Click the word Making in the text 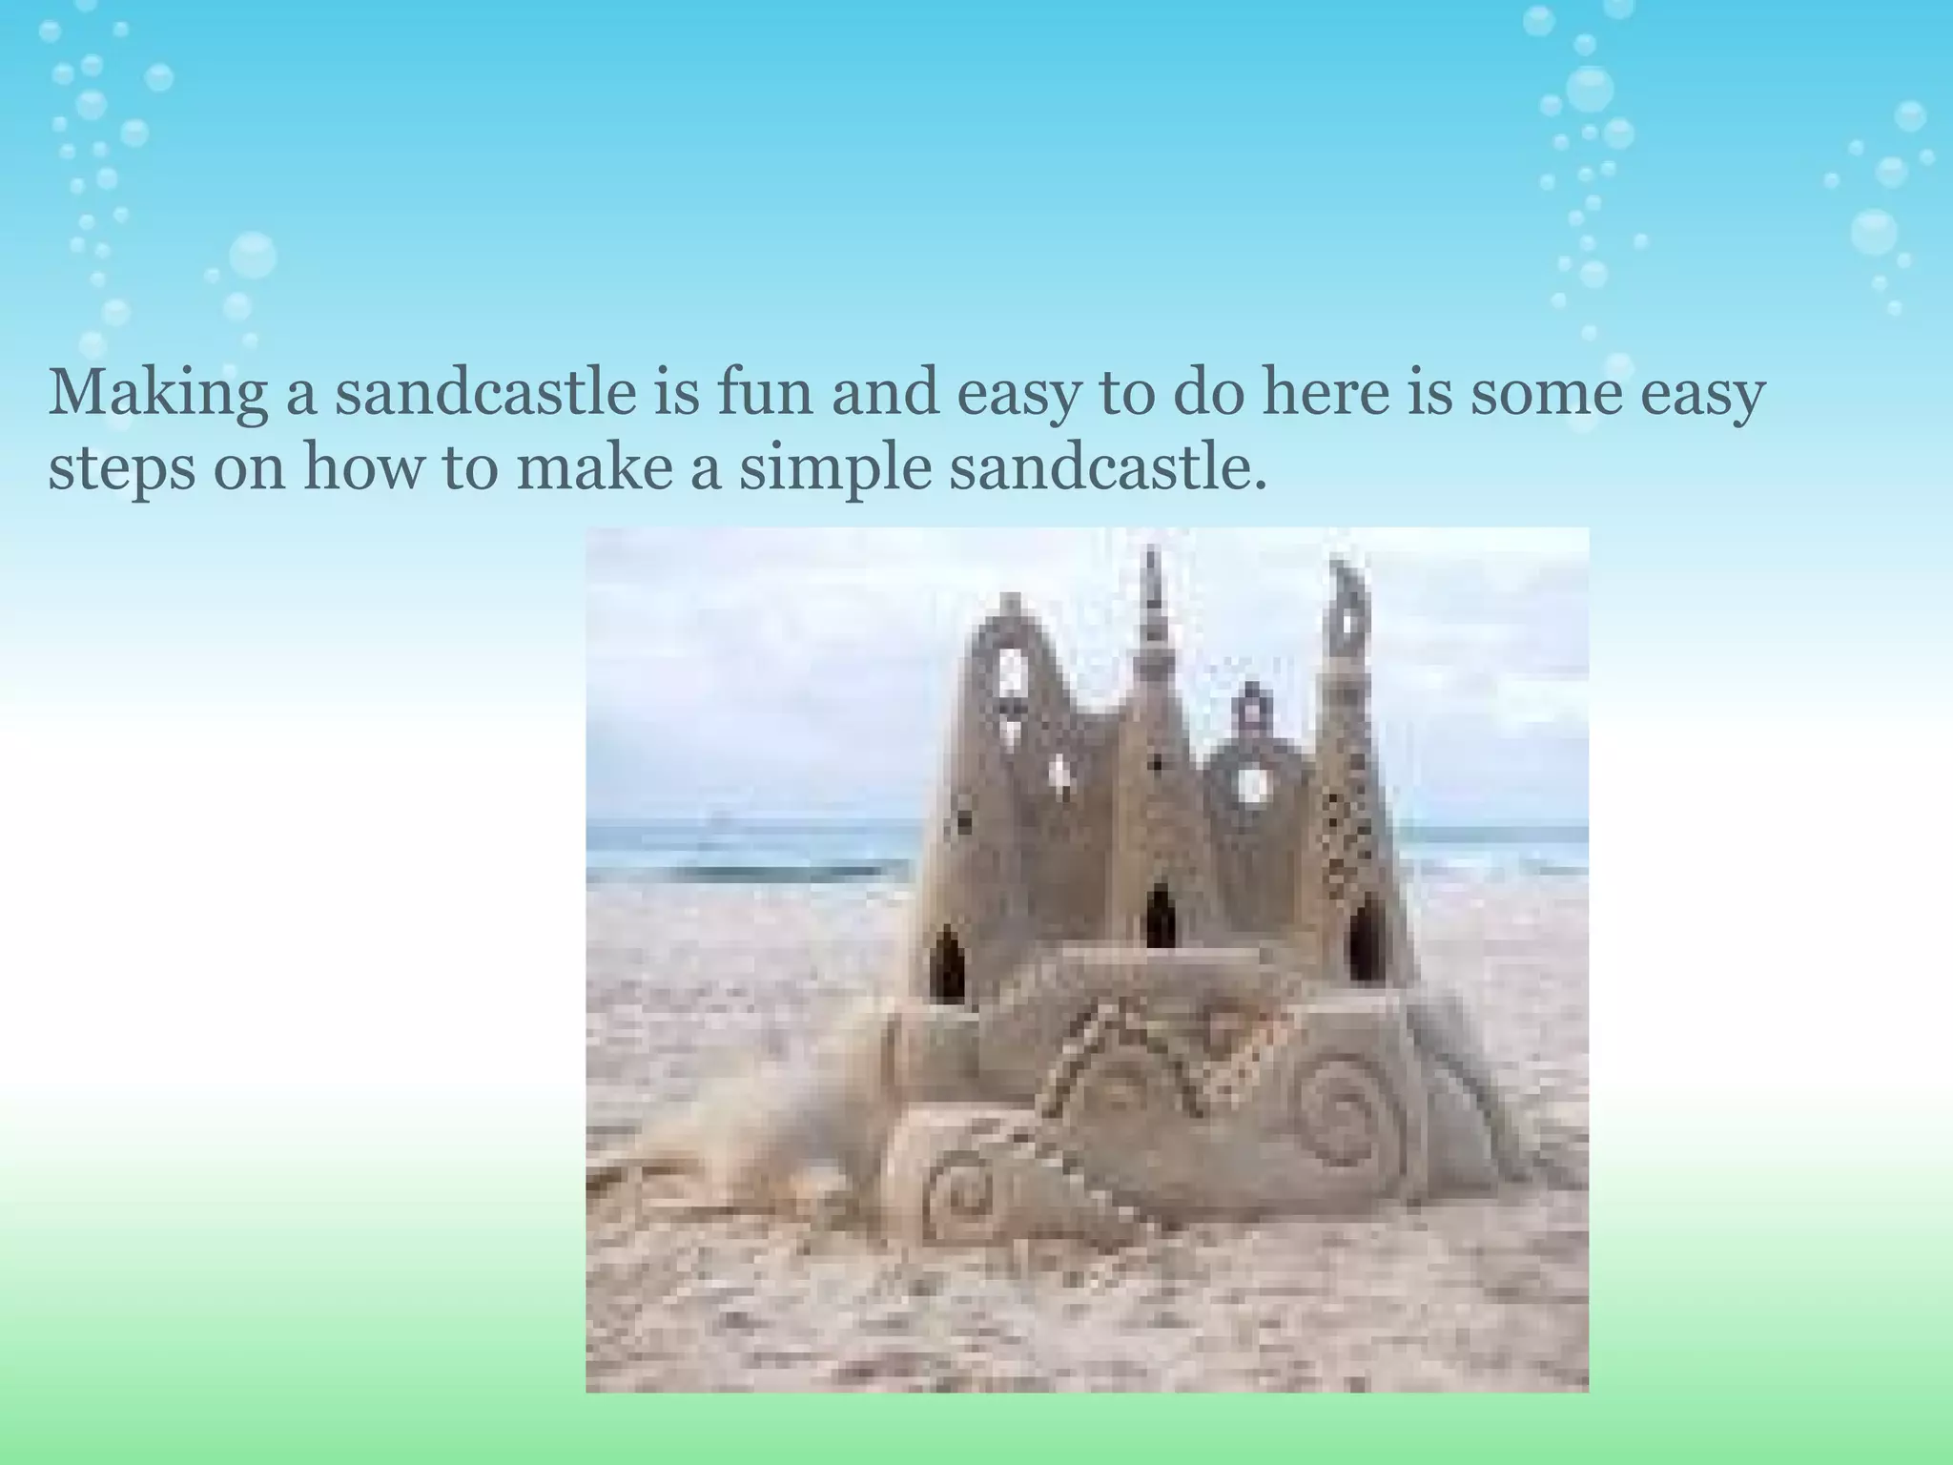click(158, 394)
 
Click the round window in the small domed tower click(1252, 786)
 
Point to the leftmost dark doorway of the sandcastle click(947, 963)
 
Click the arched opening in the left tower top click(1011, 671)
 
